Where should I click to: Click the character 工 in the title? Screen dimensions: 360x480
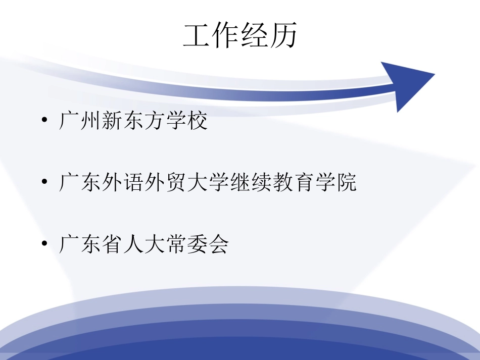click(197, 36)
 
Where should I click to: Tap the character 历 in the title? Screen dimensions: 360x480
click(283, 36)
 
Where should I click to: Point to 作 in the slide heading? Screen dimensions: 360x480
click(226, 36)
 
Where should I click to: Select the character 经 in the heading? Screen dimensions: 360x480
click(254, 36)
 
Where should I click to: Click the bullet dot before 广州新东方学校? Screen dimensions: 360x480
click(45, 122)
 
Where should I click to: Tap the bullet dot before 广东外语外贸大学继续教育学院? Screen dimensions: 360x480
click(45, 183)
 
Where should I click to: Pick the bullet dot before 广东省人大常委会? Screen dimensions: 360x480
click(45, 244)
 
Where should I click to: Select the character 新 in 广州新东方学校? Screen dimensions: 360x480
click(112, 122)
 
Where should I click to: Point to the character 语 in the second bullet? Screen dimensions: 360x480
click(133, 183)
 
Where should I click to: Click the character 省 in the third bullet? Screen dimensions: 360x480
click(112, 244)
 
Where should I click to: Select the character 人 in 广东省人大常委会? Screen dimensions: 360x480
click(133, 244)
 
